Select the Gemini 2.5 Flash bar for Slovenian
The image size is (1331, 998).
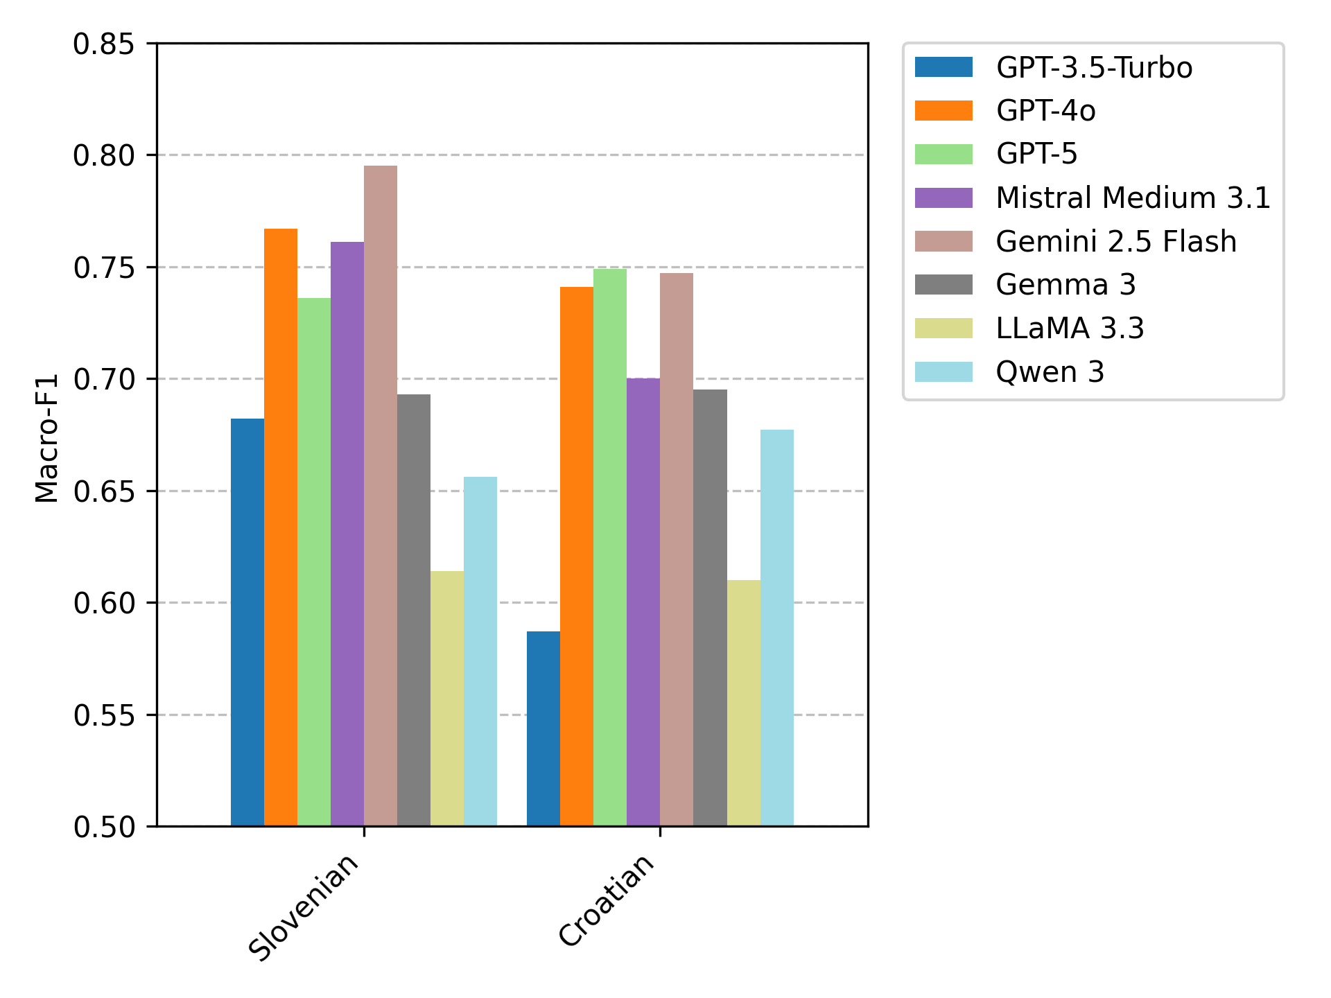tap(381, 496)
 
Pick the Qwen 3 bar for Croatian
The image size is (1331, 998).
tap(777, 628)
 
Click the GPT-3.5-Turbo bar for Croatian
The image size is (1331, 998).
tap(543, 728)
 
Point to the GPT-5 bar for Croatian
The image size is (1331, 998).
tap(610, 548)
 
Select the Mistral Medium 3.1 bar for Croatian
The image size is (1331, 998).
tap(643, 602)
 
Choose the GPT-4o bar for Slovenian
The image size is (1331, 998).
tap(281, 527)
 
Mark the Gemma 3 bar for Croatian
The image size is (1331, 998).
tap(710, 608)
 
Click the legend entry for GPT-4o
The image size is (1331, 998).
tap(1045, 111)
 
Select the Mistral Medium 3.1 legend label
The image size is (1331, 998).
tap(1133, 198)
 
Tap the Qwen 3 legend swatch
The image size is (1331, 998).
tap(943, 372)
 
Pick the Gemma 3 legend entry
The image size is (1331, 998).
tap(1065, 285)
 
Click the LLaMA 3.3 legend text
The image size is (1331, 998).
tap(1070, 329)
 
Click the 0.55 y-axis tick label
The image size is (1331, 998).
tap(104, 715)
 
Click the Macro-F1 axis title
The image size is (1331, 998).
tap(47, 437)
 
